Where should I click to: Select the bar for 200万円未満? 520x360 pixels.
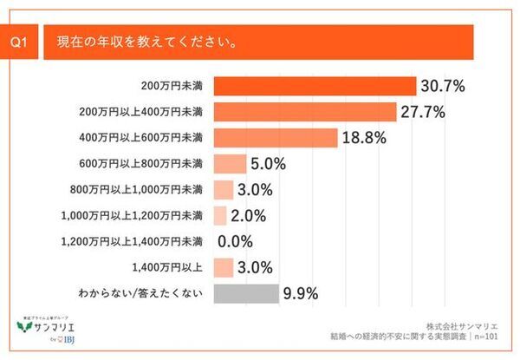(x=314, y=86)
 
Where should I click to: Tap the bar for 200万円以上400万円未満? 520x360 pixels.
(x=304, y=112)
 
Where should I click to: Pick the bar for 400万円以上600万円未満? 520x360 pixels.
(x=274, y=138)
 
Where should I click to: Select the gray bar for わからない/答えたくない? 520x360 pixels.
(x=245, y=293)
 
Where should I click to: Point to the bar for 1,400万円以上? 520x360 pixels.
(x=222, y=267)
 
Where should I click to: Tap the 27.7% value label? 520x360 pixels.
(x=424, y=112)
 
